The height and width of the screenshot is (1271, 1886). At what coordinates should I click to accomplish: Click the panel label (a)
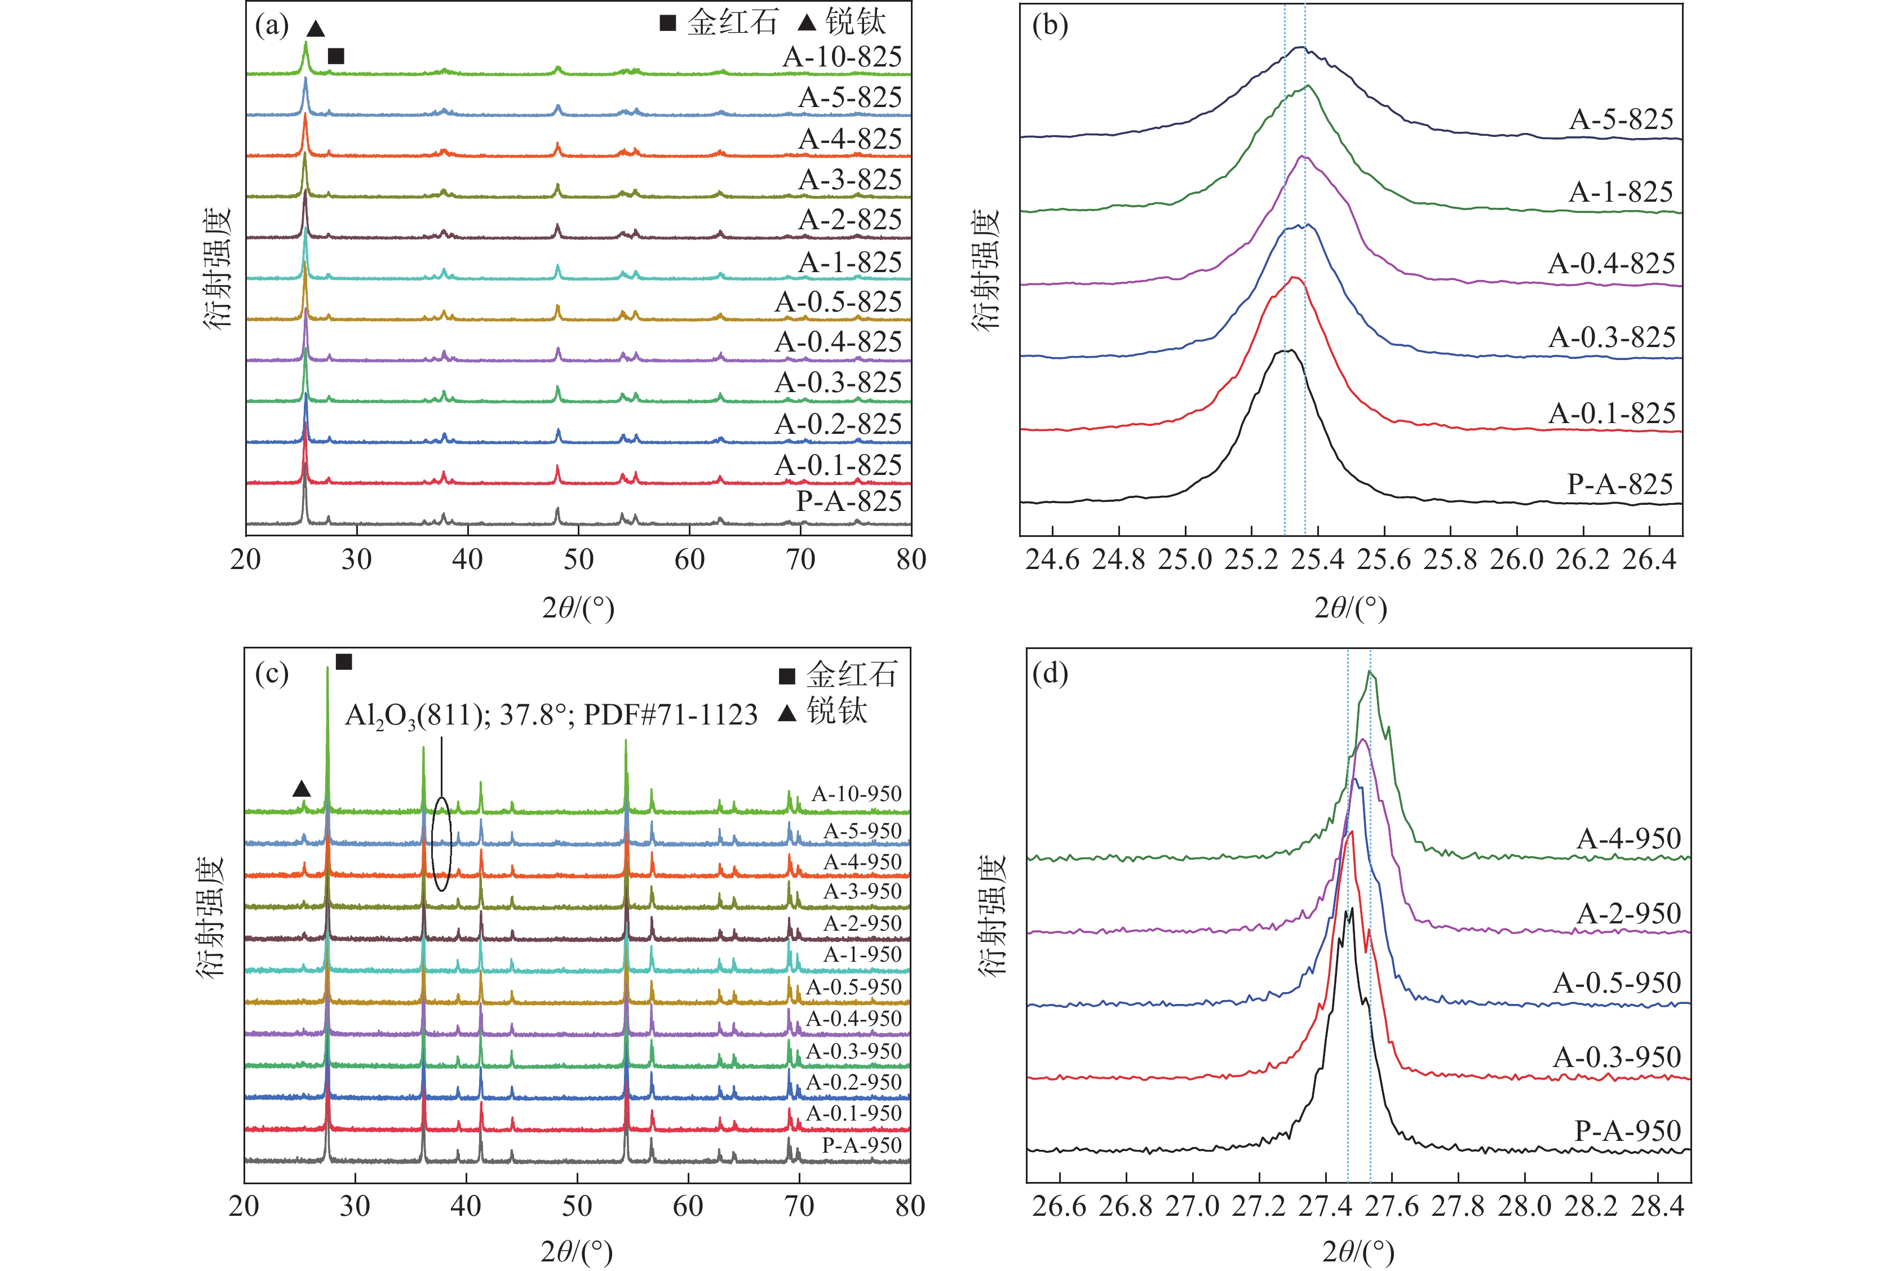click(x=272, y=26)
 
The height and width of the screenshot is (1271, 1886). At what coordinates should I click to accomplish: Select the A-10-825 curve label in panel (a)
click(x=842, y=57)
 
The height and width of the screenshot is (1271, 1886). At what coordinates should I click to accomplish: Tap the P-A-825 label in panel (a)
click(x=848, y=501)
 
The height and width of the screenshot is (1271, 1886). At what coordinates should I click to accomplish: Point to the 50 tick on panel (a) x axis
click(x=578, y=559)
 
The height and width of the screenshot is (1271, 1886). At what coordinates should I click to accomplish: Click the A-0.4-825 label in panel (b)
click(x=1611, y=264)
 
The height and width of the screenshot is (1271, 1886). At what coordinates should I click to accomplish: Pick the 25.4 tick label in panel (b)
click(x=1318, y=559)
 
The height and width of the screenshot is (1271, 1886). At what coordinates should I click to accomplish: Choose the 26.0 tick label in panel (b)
click(x=1516, y=559)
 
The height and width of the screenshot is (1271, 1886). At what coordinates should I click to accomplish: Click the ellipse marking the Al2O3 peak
click(x=441, y=844)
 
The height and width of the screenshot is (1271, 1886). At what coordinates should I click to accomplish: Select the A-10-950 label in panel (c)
click(x=856, y=794)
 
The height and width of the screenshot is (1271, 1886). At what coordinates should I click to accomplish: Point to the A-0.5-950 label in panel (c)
click(x=853, y=987)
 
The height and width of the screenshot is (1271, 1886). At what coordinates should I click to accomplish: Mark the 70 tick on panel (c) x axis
click(x=799, y=1206)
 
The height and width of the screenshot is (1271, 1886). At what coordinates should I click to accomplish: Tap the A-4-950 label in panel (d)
click(x=1628, y=838)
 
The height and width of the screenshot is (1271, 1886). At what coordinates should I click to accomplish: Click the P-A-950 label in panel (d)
click(x=1627, y=1131)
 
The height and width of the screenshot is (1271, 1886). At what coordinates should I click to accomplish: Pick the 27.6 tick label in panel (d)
click(x=1392, y=1206)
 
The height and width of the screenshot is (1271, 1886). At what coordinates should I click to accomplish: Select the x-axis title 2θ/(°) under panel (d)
click(x=1358, y=1251)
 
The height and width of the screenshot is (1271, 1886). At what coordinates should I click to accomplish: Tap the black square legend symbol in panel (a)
click(x=667, y=23)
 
